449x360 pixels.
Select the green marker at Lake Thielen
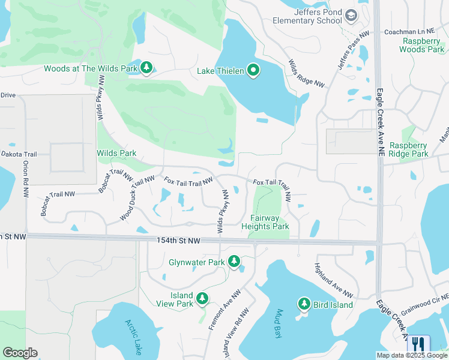(253, 71)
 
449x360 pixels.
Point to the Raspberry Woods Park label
(423, 45)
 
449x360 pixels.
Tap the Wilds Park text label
(116, 153)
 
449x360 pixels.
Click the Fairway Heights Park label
(265, 222)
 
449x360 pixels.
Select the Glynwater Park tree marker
(234, 262)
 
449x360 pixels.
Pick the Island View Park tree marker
(202, 298)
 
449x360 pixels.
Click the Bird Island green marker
(304, 304)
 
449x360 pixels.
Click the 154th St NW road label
(178, 240)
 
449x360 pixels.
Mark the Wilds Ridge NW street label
(306, 74)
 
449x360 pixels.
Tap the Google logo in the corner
(20, 353)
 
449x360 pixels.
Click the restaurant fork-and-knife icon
(418, 344)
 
